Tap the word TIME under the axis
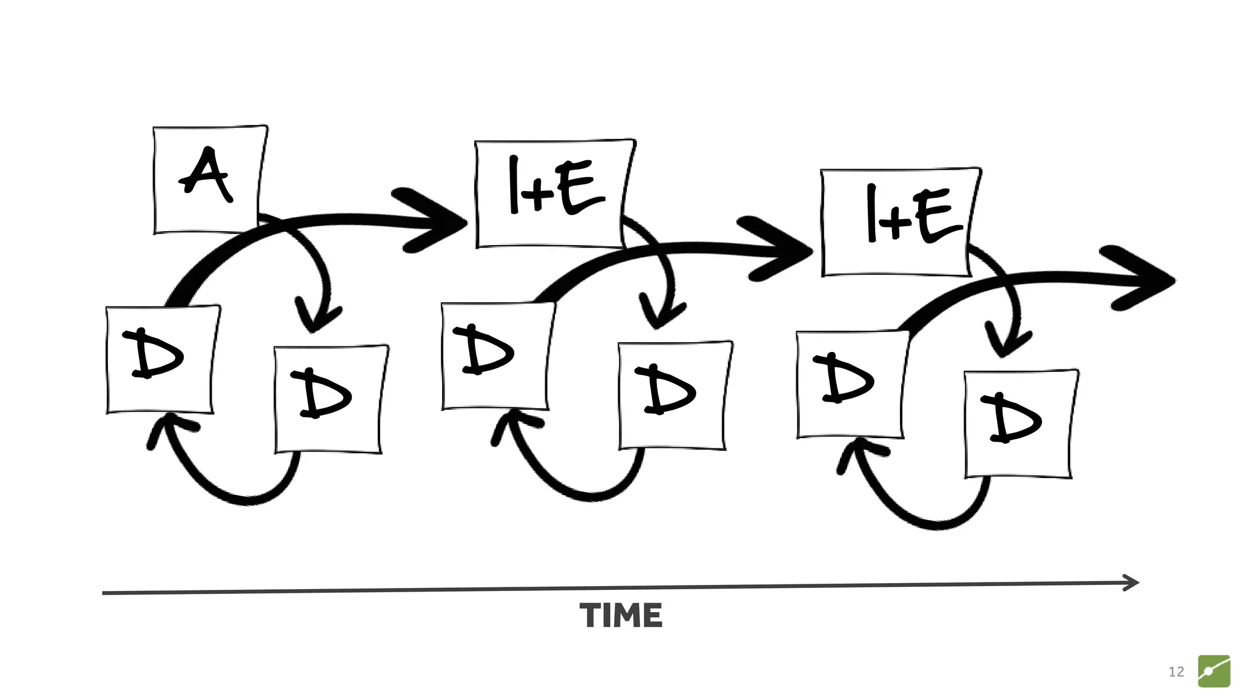621,615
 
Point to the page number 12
1176,672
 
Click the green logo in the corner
1213,671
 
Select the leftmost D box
162,360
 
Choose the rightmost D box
1021,423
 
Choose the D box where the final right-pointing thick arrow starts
852,384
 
